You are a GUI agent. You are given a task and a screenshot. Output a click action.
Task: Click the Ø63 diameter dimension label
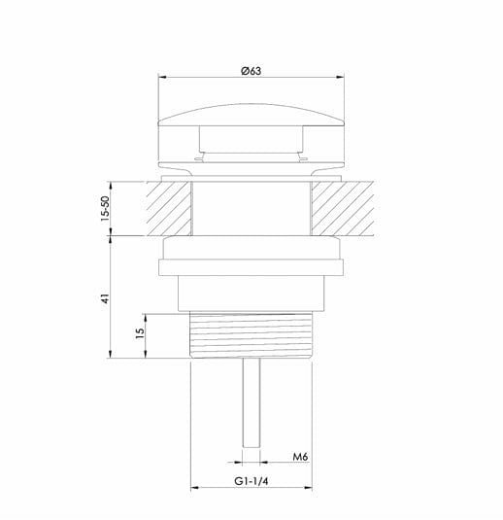point(251,71)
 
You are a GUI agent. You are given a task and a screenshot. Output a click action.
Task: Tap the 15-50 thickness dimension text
point(105,209)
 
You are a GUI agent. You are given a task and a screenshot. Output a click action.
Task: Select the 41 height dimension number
point(105,298)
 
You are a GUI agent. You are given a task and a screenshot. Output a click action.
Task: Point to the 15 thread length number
point(140,332)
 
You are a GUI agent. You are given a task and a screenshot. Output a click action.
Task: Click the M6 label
point(300,457)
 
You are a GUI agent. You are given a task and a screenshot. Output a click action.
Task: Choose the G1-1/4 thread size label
point(251,481)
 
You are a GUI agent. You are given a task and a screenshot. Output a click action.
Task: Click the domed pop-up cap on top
point(251,115)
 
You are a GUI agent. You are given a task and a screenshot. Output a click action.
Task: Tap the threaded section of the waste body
point(251,335)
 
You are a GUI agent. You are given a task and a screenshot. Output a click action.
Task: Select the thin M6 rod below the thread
point(251,403)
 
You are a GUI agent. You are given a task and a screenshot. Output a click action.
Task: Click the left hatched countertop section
point(169,209)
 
